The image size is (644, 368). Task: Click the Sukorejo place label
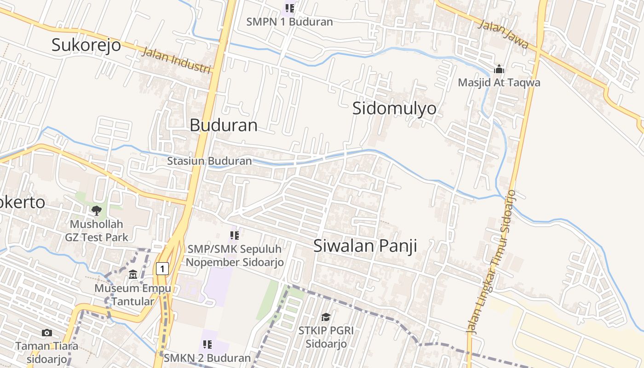click(x=86, y=45)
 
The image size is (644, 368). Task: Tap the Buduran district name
click(x=224, y=125)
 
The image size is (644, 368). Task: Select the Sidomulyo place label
click(x=394, y=109)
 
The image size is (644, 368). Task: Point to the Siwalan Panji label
click(x=365, y=246)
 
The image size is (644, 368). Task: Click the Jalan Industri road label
click(x=176, y=60)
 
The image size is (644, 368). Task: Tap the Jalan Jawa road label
click(x=503, y=34)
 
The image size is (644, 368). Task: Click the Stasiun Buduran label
click(x=209, y=161)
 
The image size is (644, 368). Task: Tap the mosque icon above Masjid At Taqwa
click(x=499, y=70)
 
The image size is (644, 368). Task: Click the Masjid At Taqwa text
click(x=499, y=83)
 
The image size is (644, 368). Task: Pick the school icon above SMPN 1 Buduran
click(x=289, y=8)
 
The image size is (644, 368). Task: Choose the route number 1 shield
click(x=162, y=268)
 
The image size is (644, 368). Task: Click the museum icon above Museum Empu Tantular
click(x=133, y=275)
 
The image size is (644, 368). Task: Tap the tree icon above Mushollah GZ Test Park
click(x=97, y=211)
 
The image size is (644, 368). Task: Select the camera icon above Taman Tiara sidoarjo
click(x=46, y=333)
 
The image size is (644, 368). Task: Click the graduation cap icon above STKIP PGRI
click(x=326, y=317)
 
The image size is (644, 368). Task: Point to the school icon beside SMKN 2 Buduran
click(x=207, y=344)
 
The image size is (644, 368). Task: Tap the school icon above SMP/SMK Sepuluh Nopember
click(x=235, y=236)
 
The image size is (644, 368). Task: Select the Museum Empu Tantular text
click(x=132, y=295)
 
